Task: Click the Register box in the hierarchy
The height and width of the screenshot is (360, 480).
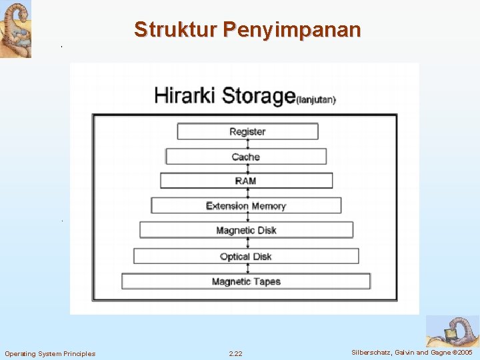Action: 247,131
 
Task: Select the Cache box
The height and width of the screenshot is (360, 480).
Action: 246,157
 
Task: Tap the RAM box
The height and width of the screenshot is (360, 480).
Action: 246,181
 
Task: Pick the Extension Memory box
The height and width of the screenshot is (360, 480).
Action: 246,205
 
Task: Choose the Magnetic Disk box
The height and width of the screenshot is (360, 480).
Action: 246,230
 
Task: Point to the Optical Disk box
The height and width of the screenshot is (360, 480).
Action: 246,256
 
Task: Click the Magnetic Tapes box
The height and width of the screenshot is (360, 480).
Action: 246,281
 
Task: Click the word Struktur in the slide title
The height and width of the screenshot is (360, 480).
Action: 175,30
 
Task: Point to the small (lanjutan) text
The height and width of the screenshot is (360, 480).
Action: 316,100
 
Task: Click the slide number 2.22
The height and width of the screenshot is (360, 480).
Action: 235,353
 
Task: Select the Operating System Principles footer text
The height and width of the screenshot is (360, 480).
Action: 50,353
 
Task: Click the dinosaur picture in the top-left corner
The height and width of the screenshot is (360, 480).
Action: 15,29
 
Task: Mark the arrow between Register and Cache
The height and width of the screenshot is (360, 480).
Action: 247,144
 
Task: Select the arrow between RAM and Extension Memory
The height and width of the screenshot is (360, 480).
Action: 247,193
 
